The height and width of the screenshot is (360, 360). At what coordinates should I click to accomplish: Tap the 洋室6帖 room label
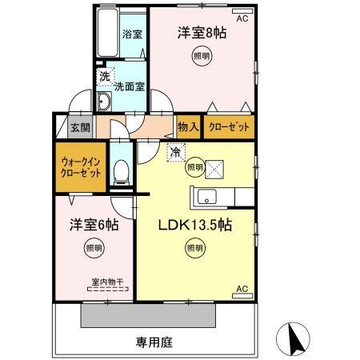94,226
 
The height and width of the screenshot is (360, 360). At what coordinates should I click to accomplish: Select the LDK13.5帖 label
194,226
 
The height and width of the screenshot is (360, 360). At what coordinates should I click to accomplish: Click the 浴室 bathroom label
131,34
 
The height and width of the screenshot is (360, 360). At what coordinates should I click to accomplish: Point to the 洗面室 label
129,86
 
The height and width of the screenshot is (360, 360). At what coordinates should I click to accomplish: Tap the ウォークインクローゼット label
80,166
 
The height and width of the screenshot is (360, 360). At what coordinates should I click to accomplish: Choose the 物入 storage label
187,126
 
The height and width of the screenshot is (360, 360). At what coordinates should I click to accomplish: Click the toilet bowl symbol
122,170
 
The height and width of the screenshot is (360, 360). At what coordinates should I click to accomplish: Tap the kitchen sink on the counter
202,196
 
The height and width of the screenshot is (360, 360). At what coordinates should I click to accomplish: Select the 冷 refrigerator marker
174,150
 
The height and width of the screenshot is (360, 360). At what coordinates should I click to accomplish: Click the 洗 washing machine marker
105,78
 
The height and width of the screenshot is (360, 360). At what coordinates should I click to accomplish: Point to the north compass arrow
293,341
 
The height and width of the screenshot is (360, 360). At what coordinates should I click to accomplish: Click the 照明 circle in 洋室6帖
94,249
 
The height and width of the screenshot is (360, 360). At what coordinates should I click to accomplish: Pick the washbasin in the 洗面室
104,102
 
